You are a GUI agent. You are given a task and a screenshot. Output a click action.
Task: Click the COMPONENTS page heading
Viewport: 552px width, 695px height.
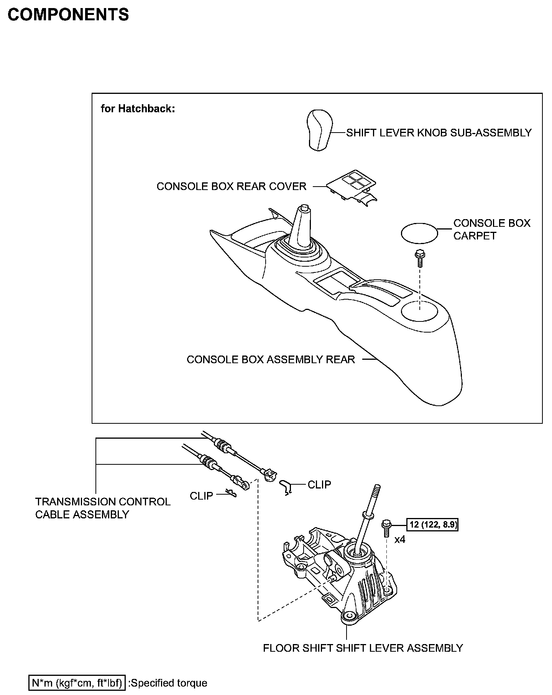[68, 15]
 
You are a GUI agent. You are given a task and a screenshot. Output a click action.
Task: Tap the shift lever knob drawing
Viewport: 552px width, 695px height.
[319, 130]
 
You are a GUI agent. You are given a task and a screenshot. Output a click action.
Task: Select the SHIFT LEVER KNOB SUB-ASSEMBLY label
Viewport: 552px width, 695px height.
[439, 133]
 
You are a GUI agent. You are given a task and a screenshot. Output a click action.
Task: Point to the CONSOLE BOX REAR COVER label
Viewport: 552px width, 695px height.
[231, 187]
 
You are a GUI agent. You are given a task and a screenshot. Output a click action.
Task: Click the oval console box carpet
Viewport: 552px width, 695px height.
[419, 233]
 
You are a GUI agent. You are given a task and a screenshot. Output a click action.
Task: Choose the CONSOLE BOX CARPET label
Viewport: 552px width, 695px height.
[491, 229]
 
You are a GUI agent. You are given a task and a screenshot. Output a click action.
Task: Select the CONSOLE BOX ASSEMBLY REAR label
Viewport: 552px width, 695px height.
[271, 359]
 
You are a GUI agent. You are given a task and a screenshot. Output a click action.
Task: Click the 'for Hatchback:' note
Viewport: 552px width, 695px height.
[138, 109]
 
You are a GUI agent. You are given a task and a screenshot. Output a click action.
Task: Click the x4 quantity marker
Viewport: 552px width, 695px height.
[400, 539]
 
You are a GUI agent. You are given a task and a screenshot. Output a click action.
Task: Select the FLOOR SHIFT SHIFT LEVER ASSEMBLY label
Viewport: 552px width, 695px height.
[363, 648]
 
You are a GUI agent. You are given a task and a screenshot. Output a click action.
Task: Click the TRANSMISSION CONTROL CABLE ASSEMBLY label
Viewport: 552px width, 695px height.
[103, 508]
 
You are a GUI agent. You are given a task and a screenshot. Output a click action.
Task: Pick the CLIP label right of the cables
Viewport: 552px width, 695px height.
[319, 485]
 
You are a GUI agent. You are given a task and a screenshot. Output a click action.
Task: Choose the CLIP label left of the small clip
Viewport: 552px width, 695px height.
[201, 496]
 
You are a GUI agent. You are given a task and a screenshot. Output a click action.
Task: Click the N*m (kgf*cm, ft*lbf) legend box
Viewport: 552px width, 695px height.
[77, 683]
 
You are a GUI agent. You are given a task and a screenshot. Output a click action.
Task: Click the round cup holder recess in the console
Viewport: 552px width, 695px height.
[419, 310]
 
